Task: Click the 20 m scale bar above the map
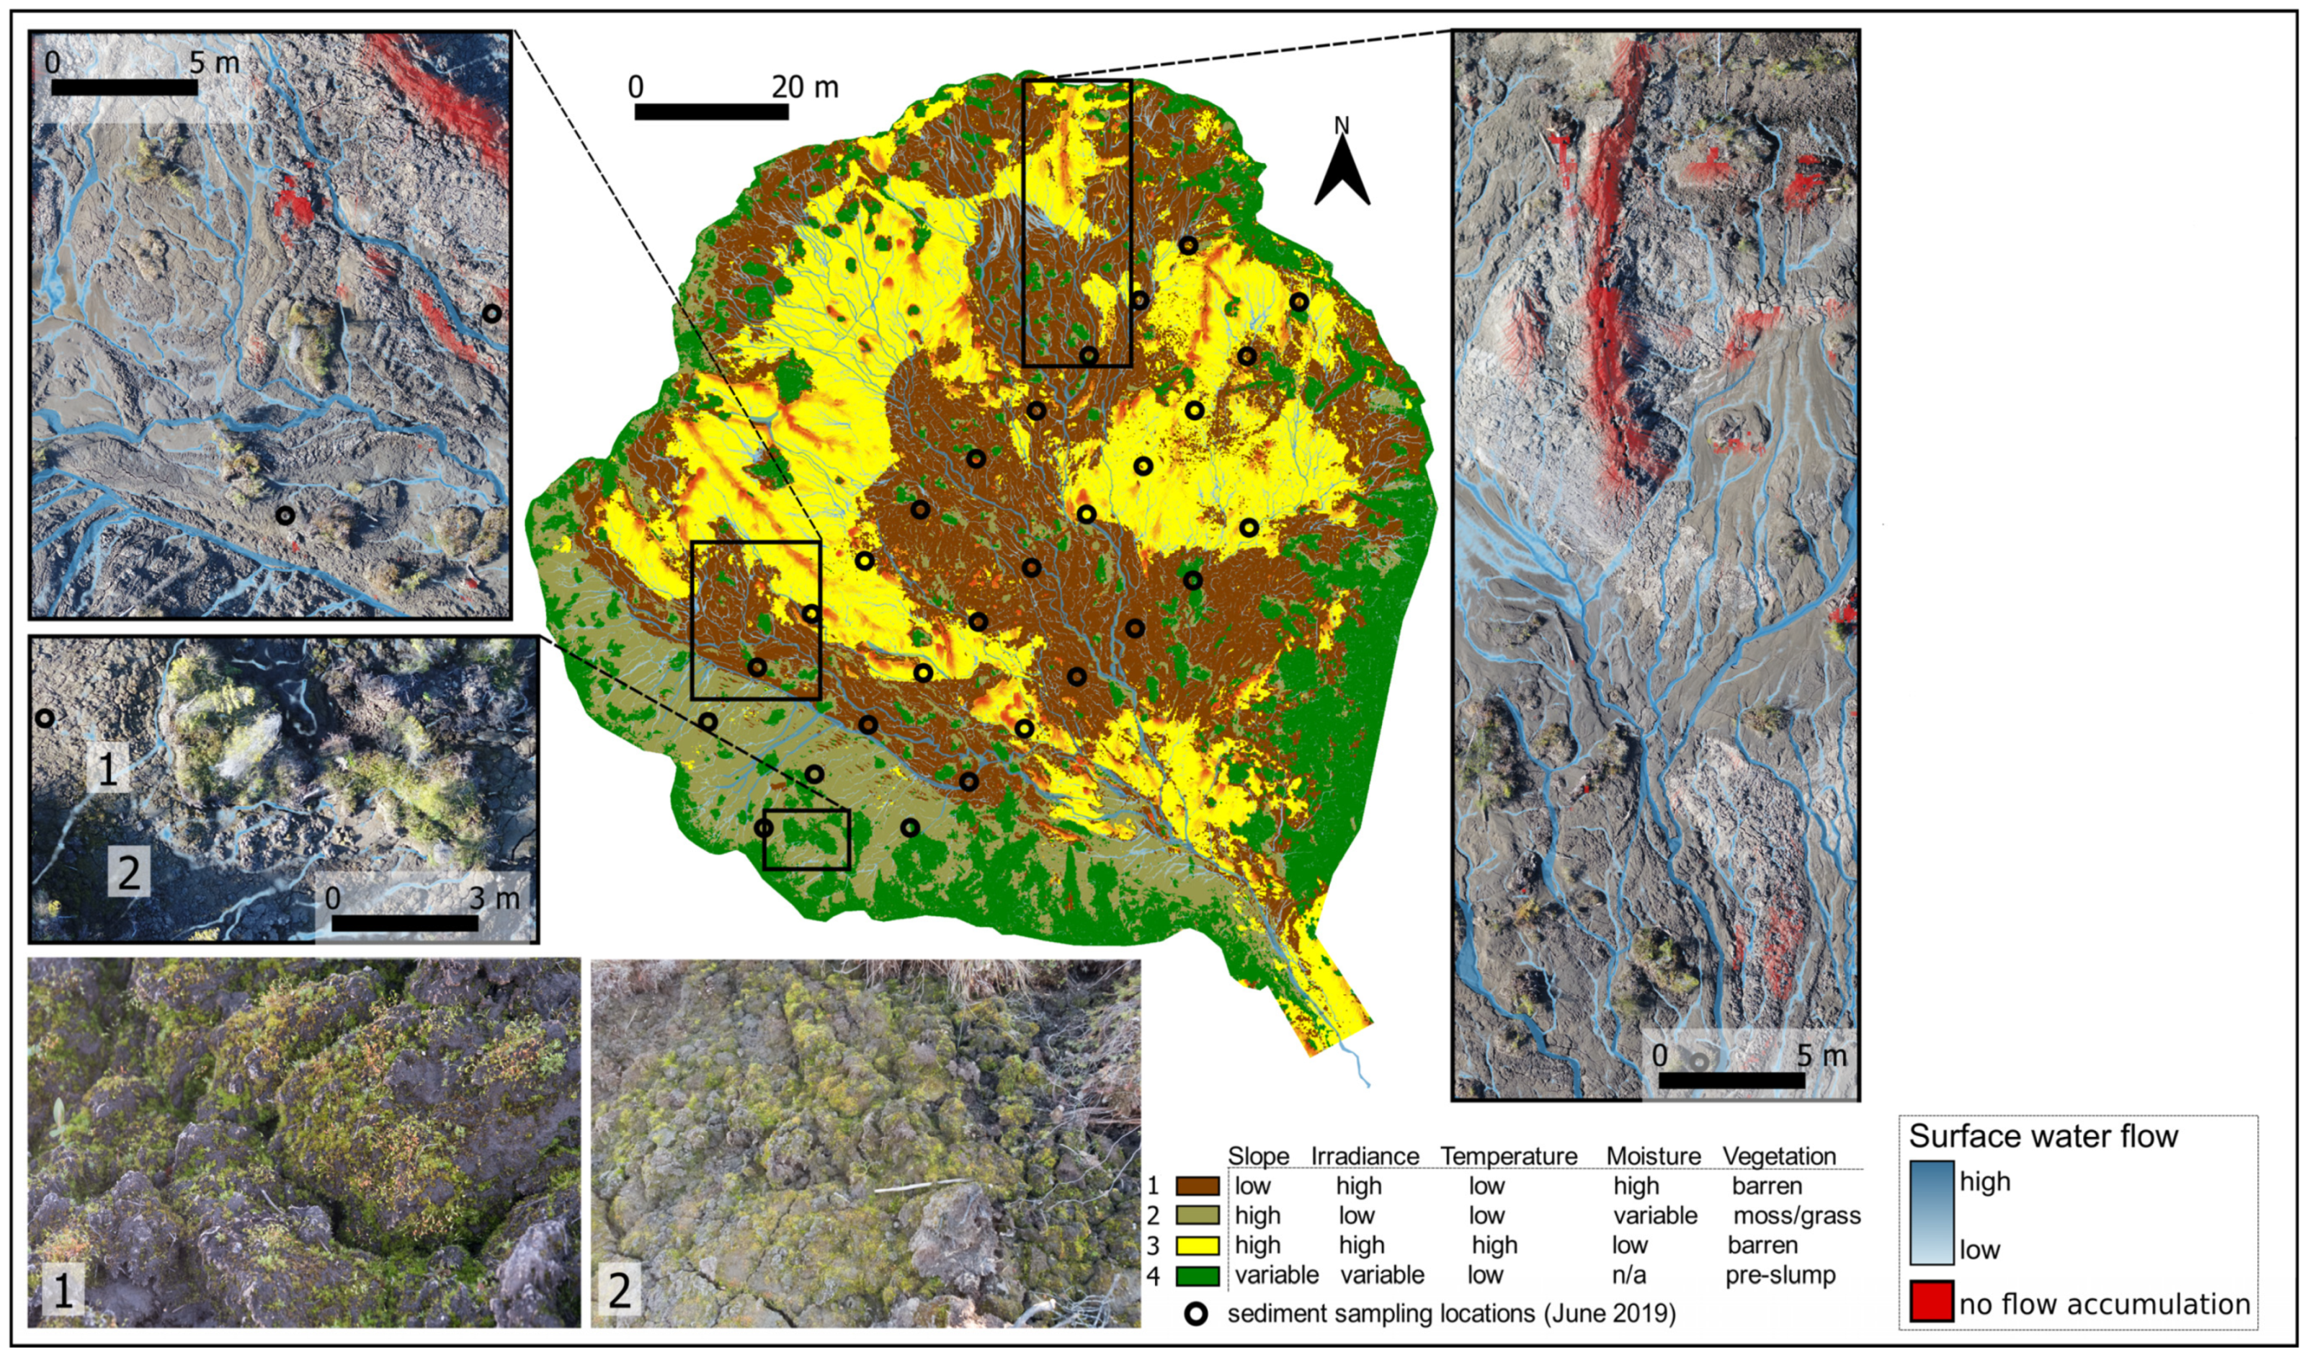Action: click(x=711, y=112)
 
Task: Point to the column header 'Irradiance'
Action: click(x=1364, y=1156)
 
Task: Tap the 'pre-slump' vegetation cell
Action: click(x=1780, y=1276)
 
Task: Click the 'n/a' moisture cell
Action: click(x=1629, y=1276)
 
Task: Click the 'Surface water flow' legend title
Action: click(x=2043, y=1137)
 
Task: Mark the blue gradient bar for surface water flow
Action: click(x=1932, y=1213)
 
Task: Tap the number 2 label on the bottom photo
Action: click(x=620, y=1291)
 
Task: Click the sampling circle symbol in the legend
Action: click(x=1196, y=1314)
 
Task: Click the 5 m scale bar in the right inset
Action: click(x=1731, y=1080)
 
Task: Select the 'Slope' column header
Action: click(x=1257, y=1156)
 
